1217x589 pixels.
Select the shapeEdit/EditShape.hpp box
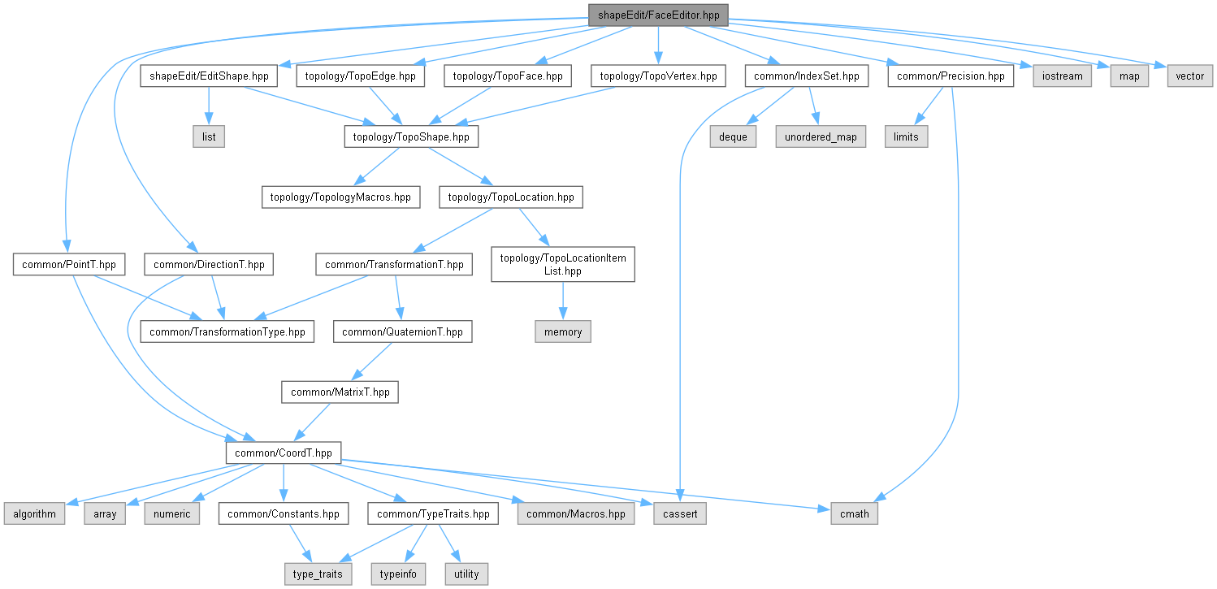209,76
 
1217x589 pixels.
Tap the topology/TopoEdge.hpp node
361,76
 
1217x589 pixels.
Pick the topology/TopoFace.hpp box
508,76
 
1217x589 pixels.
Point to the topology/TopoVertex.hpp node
658,76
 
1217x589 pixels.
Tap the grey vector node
1190,76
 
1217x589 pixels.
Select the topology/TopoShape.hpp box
411,136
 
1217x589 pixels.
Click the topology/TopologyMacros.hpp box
340,197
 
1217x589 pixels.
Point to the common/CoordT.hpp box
283,453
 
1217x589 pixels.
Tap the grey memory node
563,331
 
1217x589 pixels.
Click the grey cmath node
854,513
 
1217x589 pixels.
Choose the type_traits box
318,574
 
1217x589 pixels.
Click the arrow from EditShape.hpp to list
209,106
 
